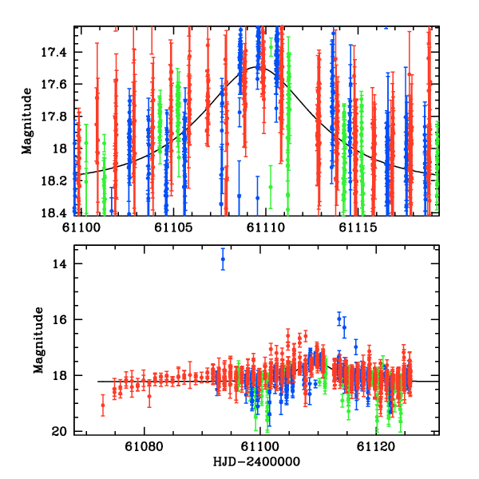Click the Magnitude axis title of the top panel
point(27,120)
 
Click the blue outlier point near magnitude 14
point(223,259)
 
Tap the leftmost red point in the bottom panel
point(102,406)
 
